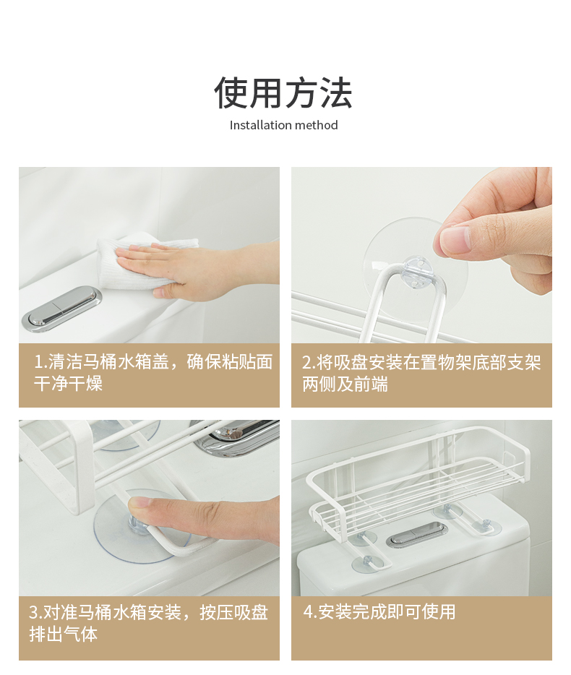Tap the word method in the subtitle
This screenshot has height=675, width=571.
[x=317, y=125]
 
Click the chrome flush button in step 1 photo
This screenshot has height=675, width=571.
[x=62, y=307]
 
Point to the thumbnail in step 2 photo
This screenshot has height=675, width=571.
[x=455, y=240]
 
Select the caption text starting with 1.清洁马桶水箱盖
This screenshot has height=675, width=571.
[x=153, y=372]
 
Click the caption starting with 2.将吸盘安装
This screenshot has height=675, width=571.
[x=421, y=373]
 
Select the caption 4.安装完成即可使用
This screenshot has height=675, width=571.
[x=379, y=611]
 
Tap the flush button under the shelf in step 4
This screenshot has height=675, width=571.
[x=416, y=534]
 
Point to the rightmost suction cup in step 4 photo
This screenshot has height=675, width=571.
[x=485, y=526]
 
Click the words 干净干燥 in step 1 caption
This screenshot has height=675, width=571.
[x=68, y=383]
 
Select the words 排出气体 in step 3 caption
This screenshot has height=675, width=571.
[x=64, y=634]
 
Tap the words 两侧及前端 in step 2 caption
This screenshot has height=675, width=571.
[x=345, y=384]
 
